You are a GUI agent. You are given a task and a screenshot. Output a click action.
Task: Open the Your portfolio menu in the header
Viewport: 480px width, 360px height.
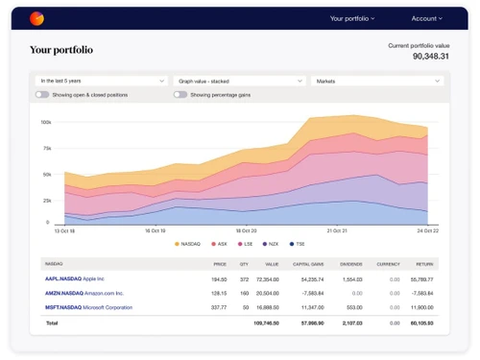click(352, 18)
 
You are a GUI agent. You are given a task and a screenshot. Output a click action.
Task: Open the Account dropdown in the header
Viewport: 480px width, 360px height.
click(428, 18)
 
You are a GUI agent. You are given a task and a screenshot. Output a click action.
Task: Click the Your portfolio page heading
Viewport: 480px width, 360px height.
click(61, 50)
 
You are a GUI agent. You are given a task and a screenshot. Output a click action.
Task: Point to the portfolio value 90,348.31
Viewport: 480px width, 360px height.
click(419, 56)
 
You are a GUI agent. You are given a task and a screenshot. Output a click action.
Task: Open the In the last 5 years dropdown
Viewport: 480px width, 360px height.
click(101, 82)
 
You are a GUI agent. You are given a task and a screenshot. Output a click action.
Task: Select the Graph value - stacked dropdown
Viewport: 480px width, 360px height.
click(239, 82)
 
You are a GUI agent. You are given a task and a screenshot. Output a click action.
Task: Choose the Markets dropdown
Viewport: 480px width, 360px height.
click(376, 82)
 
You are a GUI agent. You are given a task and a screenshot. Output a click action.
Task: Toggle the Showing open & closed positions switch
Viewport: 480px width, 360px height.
click(42, 95)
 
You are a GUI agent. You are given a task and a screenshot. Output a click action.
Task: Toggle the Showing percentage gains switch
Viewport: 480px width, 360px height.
click(180, 95)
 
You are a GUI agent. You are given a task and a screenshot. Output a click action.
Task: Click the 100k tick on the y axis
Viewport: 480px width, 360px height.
click(46, 122)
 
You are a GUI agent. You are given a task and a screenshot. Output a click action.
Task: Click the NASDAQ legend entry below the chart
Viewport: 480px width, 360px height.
click(189, 244)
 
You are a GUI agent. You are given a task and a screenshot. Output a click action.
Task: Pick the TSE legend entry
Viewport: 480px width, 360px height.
click(299, 244)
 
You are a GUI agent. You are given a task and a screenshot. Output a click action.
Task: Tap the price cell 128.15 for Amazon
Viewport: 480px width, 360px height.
click(220, 293)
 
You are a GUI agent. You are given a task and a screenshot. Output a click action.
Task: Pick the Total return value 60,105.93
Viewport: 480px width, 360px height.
click(420, 324)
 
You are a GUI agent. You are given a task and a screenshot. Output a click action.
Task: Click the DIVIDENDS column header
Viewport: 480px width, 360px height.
click(349, 262)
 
